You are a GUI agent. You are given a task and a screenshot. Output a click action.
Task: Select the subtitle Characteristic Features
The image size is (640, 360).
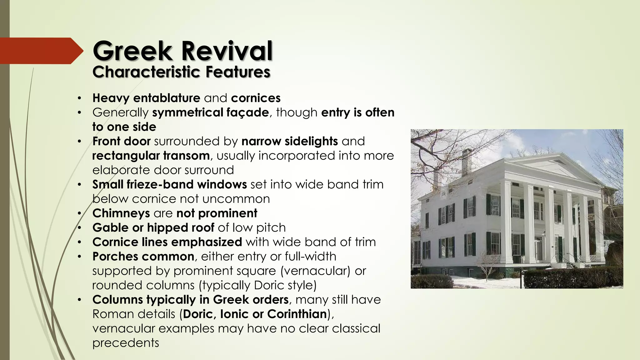click(x=181, y=72)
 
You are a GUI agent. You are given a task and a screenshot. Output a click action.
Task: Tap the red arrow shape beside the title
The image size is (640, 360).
click(x=41, y=51)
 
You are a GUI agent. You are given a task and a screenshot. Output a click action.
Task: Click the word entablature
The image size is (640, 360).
click(x=167, y=98)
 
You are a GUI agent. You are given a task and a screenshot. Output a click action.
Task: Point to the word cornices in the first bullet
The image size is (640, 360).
click(x=256, y=98)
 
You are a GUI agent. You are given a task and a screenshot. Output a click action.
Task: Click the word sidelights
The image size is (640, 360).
click(x=311, y=141)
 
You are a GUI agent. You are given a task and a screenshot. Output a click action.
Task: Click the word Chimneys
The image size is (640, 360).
click(x=121, y=213)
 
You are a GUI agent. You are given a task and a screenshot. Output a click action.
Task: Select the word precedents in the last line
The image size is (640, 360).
click(x=126, y=343)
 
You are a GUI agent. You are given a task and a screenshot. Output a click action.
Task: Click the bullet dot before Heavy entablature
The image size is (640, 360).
click(x=80, y=98)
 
